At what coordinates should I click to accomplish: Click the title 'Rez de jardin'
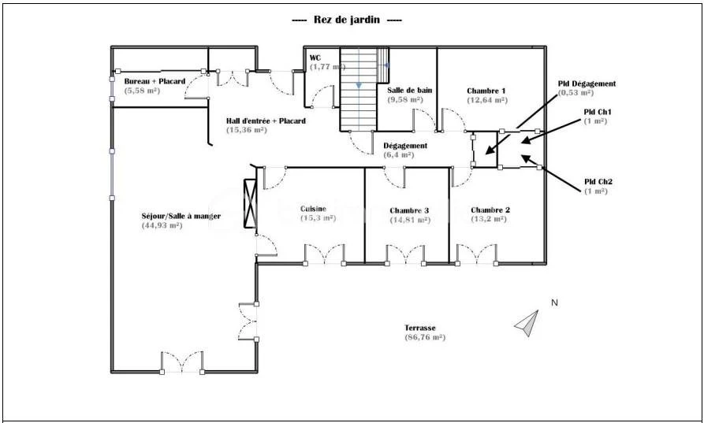[347, 20]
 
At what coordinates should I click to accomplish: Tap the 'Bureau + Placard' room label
[155, 81]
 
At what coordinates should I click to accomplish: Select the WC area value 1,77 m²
[327, 67]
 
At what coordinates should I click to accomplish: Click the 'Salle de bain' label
[409, 90]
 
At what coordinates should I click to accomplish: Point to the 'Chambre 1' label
[486, 91]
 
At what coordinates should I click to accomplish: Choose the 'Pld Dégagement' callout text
[587, 83]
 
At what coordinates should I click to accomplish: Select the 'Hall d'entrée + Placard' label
[266, 121]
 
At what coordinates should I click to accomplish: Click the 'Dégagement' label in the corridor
[405, 146]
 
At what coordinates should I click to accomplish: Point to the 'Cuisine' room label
[314, 209]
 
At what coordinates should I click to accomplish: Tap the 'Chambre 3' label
[409, 210]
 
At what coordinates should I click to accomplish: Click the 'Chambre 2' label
[490, 210]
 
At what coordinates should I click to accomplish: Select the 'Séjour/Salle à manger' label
[181, 216]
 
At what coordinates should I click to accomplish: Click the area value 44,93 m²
[162, 225]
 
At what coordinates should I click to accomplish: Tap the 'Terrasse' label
[419, 328]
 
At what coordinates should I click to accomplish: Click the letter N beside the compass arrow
[554, 302]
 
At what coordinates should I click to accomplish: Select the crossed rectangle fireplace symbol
[250, 204]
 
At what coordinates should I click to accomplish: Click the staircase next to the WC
[358, 89]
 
